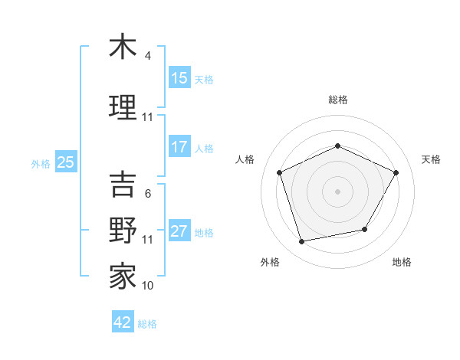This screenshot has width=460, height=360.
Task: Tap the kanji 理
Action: pos(123,106)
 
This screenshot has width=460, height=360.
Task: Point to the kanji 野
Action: pos(123,230)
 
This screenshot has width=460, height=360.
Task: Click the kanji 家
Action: pos(123,276)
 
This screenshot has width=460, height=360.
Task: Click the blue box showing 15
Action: pos(179,78)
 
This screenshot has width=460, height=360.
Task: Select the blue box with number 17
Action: pos(179,148)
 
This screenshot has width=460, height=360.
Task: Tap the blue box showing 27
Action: pos(179,232)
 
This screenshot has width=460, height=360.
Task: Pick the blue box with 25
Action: pos(66,162)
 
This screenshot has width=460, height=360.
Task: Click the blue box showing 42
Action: pos(123,322)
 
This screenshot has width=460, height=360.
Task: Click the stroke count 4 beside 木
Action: pos(148,56)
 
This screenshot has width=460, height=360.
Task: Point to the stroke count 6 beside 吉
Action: pos(148,194)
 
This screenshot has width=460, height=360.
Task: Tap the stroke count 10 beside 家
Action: pos(148,286)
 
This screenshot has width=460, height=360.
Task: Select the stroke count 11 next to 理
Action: pos(148,117)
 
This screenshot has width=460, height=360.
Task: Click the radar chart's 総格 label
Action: pos(337,100)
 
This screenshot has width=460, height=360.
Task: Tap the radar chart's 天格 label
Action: pos(431,159)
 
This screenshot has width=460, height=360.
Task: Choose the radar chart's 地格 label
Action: pos(402,262)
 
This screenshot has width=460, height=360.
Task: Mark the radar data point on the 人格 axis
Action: pos(280,172)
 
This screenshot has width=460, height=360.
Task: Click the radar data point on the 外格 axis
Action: pos(302,242)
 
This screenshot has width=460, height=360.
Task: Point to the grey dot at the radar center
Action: pos(337,191)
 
